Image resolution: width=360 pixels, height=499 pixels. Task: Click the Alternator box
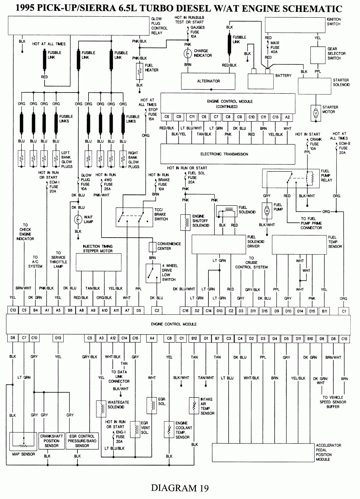click(208, 81)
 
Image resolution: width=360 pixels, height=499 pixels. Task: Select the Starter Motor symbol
click(316, 113)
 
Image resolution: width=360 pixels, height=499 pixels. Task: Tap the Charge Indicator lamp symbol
click(188, 54)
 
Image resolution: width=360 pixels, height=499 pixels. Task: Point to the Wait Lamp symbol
click(78, 219)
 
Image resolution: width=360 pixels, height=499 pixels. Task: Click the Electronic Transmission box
click(224, 154)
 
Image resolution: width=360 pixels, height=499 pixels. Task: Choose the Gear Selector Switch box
click(318, 54)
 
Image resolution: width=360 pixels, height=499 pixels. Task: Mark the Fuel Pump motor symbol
click(267, 210)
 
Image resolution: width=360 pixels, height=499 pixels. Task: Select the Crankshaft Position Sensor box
click(51, 441)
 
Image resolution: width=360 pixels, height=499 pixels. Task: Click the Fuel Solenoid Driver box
click(218, 244)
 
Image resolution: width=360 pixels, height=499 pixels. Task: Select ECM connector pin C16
click(185, 310)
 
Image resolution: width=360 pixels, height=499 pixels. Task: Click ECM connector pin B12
click(194, 338)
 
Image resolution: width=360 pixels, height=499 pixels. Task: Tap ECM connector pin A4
click(152, 338)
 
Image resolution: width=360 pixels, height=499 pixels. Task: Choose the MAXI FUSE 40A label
click(275, 47)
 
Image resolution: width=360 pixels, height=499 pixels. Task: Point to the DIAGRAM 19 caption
click(180, 488)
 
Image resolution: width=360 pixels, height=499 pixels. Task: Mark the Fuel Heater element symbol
click(139, 71)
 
